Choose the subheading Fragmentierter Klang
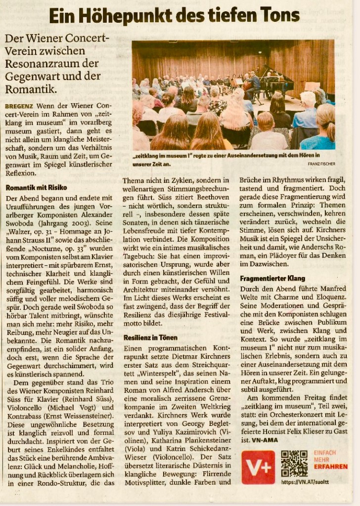pyautogui.click(x=272, y=279)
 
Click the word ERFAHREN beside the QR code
pyautogui.click(x=332, y=466)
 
